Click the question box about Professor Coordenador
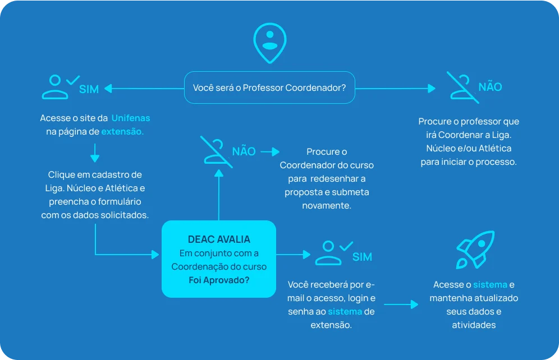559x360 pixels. [x=269, y=87]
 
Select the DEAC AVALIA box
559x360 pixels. [x=219, y=259]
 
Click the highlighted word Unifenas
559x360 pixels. [x=131, y=118]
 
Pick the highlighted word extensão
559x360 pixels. [x=122, y=132]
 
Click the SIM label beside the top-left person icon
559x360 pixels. [x=89, y=89]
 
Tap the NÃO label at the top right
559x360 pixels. [x=489, y=87]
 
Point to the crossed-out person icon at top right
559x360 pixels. [x=462, y=87]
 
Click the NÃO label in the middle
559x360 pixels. [x=244, y=151]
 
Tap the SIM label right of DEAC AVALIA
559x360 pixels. [x=362, y=257]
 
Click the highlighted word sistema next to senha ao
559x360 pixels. [x=345, y=311]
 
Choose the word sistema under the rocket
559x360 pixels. [x=489, y=284]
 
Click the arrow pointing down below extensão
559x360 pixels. [x=95, y=153]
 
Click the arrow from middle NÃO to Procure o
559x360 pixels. [x=270, y=151]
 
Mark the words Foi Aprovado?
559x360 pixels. [x=219, y=280]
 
